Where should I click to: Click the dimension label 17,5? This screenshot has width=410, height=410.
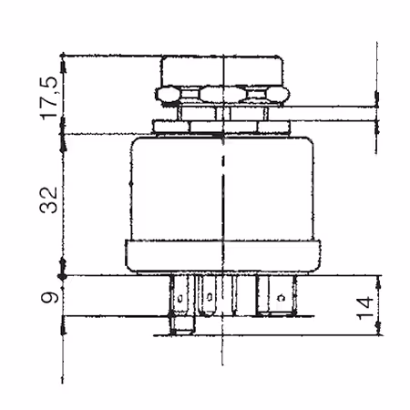click(48, 98)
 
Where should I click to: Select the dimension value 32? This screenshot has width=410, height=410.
click(48, 200)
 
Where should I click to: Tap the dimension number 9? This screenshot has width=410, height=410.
click(49, 298)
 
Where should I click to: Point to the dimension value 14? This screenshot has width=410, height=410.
click(364, 308)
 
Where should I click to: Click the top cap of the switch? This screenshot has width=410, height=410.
click(222, 71)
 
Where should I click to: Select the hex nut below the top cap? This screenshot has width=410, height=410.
click(222, 95)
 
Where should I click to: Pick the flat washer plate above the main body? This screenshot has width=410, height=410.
click(222, 127)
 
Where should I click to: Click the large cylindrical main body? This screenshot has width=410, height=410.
click(222, 189)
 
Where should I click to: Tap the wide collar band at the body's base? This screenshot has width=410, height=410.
click(223, 256)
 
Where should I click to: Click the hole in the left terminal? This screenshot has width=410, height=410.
click(179, 298)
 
